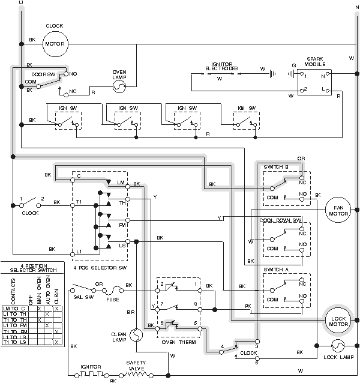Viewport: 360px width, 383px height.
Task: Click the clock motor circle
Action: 55,43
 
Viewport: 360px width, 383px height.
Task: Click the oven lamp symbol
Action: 119,86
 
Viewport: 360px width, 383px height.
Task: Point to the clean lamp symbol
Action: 135,332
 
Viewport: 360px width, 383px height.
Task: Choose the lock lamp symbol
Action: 337,346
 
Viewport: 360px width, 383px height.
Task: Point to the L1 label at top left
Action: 22,4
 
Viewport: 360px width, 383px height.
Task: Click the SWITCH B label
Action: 277,166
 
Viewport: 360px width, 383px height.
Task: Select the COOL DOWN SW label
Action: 280,220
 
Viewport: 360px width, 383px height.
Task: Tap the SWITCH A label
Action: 277,270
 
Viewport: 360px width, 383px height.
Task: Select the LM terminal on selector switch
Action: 121,182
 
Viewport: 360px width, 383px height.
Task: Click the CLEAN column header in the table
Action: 56,291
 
